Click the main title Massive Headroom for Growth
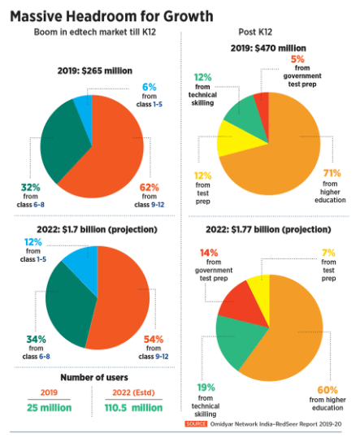113,15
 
